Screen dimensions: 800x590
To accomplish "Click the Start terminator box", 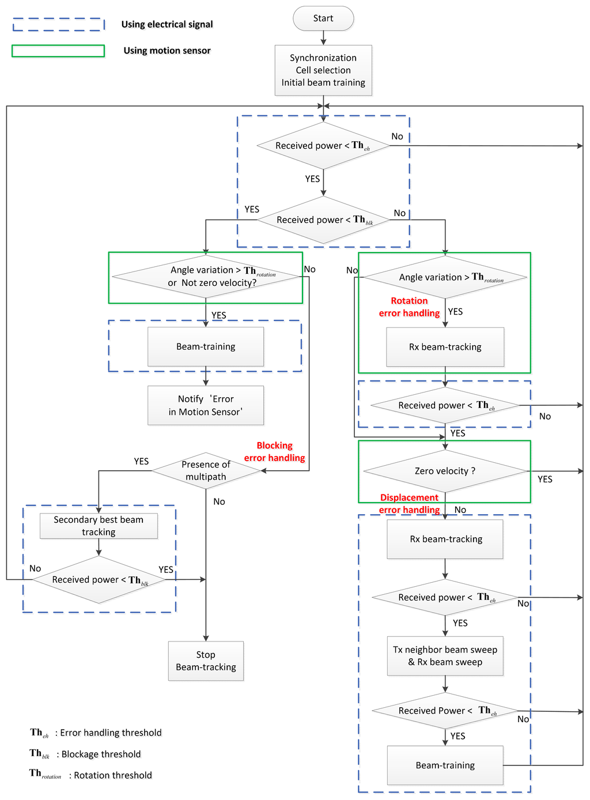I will click(x=323, y=18).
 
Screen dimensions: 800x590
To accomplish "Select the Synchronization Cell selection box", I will click(x=323, y=70).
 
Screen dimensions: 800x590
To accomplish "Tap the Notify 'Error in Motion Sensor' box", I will click(x=206, y=405).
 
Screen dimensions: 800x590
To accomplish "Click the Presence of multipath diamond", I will click(x=206, y=471).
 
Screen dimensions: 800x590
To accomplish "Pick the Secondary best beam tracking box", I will click(x=99, y=526).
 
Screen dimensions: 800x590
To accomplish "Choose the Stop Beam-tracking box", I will click(x=206, y=661).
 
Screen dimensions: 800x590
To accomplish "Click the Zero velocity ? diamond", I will click(x=445, y=471).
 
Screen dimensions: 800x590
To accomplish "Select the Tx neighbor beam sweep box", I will click(x=445, y=655).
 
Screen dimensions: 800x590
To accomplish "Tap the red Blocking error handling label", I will click(x=274, y=452).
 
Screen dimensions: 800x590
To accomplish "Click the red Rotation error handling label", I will click(x=409, y=307).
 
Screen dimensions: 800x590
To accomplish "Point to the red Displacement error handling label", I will click(x=409, y=504).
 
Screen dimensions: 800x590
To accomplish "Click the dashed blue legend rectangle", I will click(x=58, y=24).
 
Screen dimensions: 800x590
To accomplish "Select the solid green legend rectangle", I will click(x=58, y=51).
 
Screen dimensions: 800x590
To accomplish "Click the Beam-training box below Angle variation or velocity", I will click(x=206, y=346).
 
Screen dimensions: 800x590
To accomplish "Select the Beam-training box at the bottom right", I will click(x=445, y=765).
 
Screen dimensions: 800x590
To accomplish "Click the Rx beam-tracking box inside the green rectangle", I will click(x=445, y=347).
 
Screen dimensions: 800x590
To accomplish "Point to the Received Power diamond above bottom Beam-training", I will click(x=445, y=711).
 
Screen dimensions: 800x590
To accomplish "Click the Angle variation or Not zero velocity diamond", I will click(x=206, y=277).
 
